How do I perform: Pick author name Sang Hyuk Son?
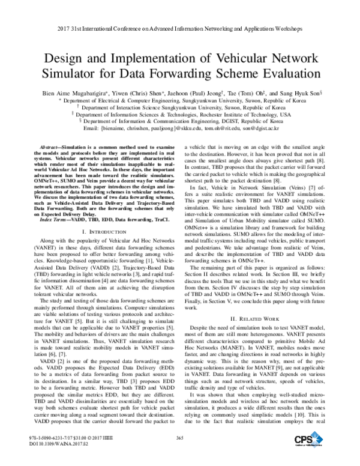point(301,94)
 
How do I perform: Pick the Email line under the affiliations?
point(179,128)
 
